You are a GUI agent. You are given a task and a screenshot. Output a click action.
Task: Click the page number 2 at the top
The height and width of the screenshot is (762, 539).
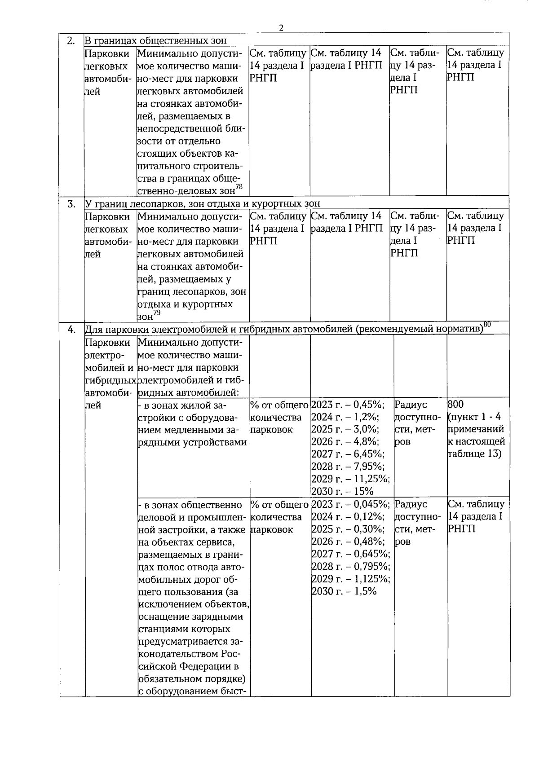pos(281,28)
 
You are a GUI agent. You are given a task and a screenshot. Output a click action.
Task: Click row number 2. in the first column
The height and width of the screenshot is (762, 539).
pos(71,41)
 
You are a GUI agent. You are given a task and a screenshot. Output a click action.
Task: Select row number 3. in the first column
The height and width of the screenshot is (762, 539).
pos(71,204)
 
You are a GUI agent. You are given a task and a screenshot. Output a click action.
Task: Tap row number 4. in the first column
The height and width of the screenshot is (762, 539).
pos(71,330)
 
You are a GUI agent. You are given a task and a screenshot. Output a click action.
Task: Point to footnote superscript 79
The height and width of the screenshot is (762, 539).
pos(156,313)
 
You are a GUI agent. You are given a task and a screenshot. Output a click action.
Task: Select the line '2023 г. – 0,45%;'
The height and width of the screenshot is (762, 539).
pos(347,405)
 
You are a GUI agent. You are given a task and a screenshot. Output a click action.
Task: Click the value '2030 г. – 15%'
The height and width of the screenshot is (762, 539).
pos(342,491)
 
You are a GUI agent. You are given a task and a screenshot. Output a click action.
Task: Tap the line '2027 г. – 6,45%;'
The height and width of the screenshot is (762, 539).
pos(348,454)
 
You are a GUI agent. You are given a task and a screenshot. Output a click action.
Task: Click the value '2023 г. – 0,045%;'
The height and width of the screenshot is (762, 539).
pos(350,504)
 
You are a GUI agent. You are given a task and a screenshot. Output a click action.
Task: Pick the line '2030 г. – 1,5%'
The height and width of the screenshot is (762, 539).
pos(344,591)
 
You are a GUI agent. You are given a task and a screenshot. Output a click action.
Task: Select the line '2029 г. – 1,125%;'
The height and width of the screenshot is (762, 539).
pos(350,579)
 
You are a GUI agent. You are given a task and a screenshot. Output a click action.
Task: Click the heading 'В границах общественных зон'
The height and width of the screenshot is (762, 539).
pos(156,41)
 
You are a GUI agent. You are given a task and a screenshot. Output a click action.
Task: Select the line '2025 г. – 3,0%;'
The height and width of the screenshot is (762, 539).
pos(345,429)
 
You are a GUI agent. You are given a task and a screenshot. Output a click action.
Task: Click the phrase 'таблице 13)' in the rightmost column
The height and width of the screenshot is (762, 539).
pos(474,454)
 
